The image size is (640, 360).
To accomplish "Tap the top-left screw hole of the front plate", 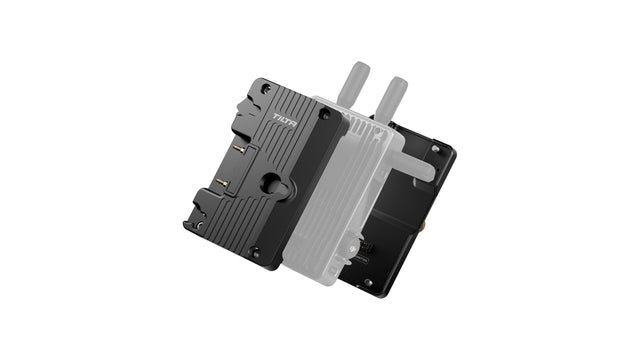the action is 266,87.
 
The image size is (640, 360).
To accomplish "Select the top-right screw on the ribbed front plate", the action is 325,115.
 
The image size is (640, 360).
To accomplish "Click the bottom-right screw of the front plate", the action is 256,253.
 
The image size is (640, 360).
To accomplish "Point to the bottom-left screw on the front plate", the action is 199,225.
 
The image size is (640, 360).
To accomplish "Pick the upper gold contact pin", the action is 240,149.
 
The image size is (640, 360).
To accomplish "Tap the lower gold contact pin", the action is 222,182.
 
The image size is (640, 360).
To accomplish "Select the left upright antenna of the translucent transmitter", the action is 353,83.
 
